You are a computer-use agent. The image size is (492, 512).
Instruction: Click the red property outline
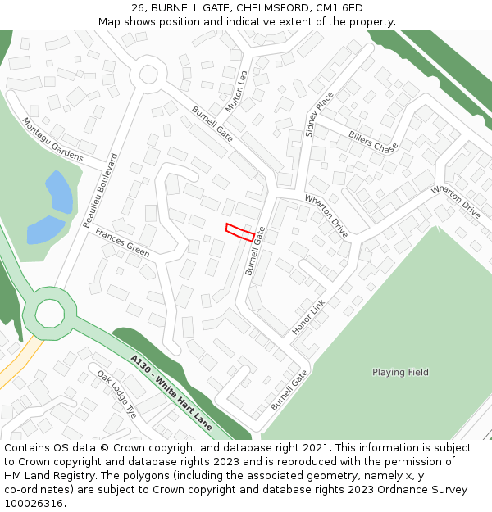click(239, 232)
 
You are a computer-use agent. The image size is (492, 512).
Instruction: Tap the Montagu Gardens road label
click(52, 139)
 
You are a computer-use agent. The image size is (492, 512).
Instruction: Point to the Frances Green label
click(122, 242)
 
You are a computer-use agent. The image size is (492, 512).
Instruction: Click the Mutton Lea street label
click(235, 91)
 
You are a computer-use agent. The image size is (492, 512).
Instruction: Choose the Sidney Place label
click(320, 114)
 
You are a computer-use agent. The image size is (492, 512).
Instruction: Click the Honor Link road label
click(308, 317)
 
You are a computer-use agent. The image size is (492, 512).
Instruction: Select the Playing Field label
click(400, 372)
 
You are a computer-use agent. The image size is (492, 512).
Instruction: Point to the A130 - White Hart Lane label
click(171, 392)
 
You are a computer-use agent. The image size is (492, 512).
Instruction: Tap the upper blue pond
click(59, 193)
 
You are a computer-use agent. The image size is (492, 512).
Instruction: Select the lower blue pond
click(45, 230)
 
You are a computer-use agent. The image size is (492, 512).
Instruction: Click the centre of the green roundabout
click(49, 313)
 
